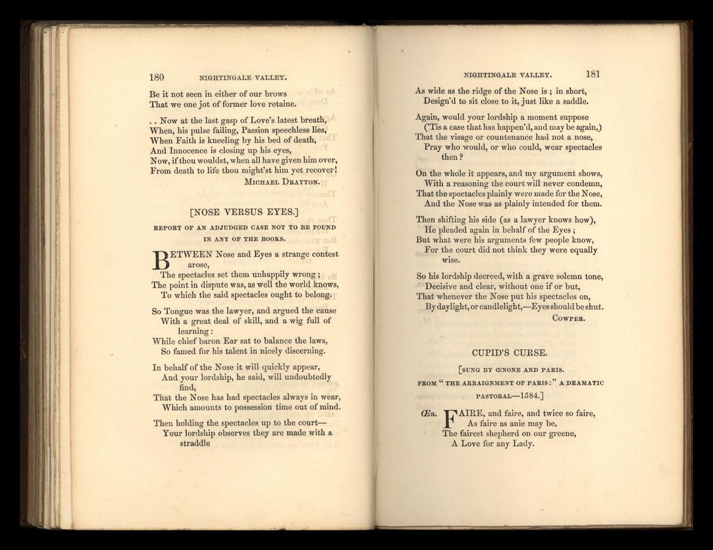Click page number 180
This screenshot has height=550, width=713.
pyautogui.click(x=157, y=77)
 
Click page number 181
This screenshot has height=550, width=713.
pyautogui.click(x=593, y=74)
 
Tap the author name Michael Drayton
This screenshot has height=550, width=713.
pyautogui.click(x=281, y=182)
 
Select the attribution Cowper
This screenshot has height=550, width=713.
pyautogui.click(x=568, y=318)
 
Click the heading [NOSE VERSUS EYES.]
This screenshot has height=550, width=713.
pyautogui.click(x=244, y=212)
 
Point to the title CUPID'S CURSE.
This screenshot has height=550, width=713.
pyautogui.click(x=509, y=353)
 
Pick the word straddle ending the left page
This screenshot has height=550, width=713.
pyautogui.click(x=195, y=443)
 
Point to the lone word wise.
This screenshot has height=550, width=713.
pyautogui.click(x=451, y=260)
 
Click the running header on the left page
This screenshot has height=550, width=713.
pyautogui.click(x=243, y=78)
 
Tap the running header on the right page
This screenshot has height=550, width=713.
pyautogui.click(x=507, y=75)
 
